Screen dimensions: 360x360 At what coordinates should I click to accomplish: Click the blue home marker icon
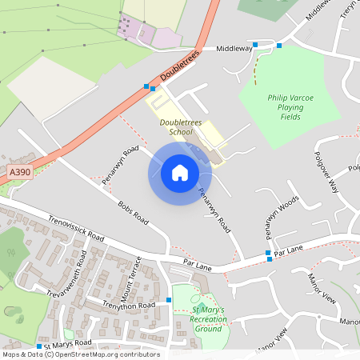(x=179, y=173)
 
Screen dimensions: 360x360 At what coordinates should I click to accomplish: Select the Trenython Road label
(x=122, y=305)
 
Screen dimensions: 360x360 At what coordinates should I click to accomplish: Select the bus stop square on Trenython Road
(x=169, y=300)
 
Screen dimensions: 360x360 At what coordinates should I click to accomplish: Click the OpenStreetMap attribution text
(x=80, y=354)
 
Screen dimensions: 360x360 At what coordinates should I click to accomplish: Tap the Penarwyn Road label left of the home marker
(x=120, y=165)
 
